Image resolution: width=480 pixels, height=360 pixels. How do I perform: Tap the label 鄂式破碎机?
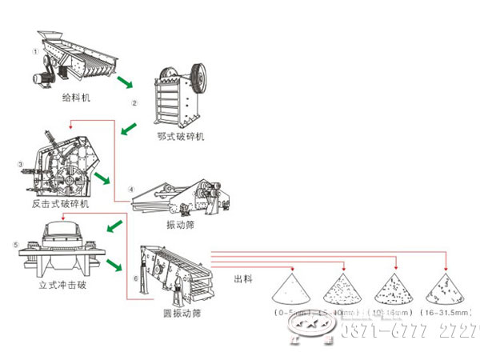tap(181, 137)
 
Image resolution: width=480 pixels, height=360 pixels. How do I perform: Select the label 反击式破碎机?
tap(60, 204)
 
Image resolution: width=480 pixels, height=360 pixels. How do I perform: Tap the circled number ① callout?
tap(35, 51)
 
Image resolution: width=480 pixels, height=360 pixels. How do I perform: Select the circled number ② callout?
tap(135, 102)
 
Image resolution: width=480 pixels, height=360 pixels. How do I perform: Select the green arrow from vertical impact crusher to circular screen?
tap(114, 263)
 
